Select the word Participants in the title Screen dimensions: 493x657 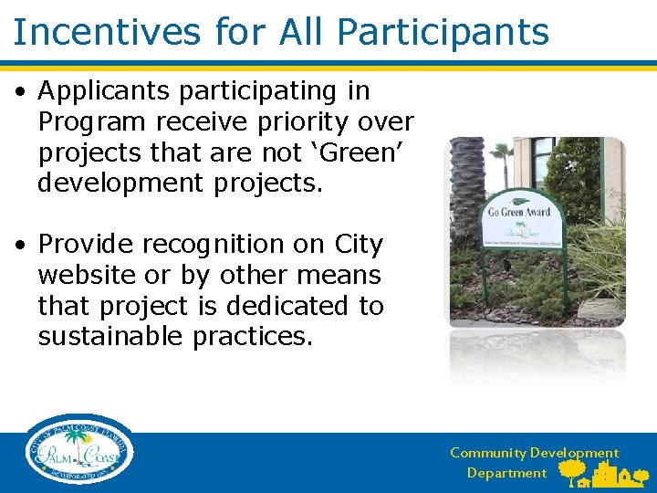tap(443, 32)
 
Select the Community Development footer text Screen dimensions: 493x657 tap(533, 453)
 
